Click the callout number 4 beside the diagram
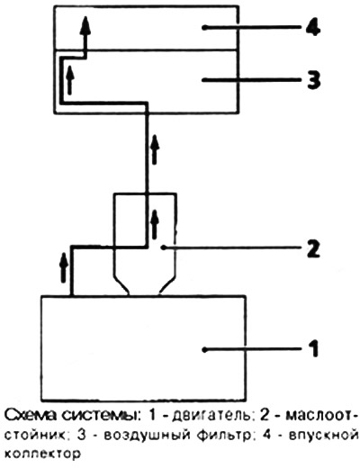pos(313,28)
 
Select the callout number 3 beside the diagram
pos(313,80)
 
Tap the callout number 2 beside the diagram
pos(313,247)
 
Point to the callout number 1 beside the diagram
pos(313,348)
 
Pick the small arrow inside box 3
pos(70,79)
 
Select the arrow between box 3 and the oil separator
pos(155,149)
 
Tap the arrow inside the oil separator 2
pos(155,224)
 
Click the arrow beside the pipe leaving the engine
pos(63,267)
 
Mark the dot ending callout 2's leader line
pos(163,247)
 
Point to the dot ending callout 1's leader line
pos(205,349)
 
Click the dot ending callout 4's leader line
pos(204,28)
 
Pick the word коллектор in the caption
pos(43,454)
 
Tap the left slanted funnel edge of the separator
pos(121,285)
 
